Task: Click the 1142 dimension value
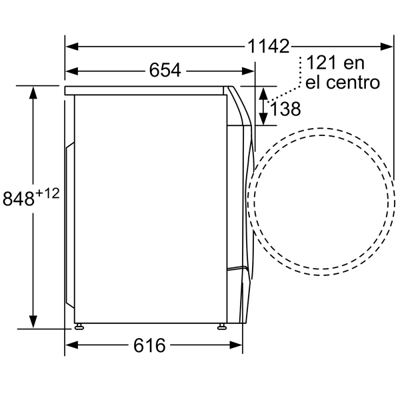(x=269, y=46)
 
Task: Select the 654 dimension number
(x=165, y=70)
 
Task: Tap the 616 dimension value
(x=149, y=345)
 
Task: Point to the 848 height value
(x=19, y=199)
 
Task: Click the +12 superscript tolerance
(x=47, y=193)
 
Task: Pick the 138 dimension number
(x=285, y=109)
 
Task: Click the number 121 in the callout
(x=321, y=63)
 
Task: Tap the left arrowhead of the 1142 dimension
(x=72, y=47)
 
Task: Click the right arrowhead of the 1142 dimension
(x=386, y=47)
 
